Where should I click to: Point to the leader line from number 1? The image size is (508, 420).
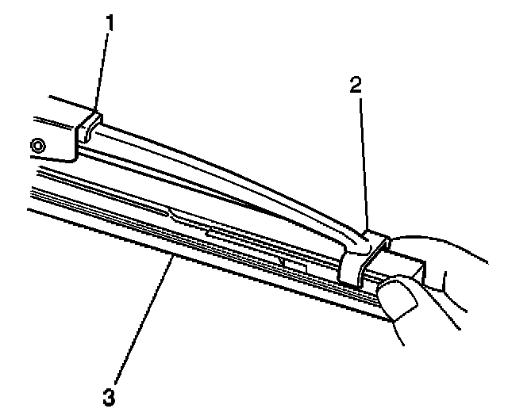102,72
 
